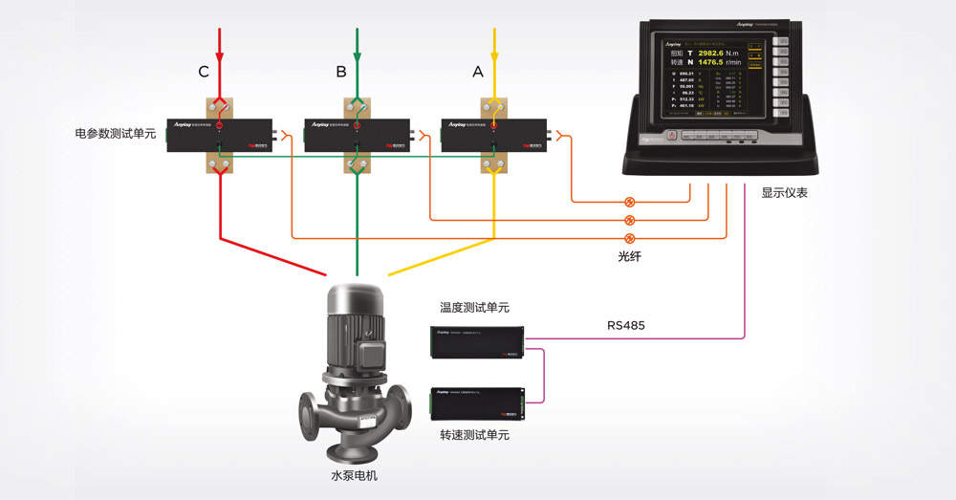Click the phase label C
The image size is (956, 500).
204,72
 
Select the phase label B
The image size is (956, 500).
341,72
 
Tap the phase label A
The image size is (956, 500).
478,72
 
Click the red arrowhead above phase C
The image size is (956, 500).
221,49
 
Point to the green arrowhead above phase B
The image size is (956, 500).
358,49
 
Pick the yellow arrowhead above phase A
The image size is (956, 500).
494,49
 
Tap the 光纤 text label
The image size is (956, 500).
630,257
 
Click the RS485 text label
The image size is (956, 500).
626,325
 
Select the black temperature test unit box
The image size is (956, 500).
478,341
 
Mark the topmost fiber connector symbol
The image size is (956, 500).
629,202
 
